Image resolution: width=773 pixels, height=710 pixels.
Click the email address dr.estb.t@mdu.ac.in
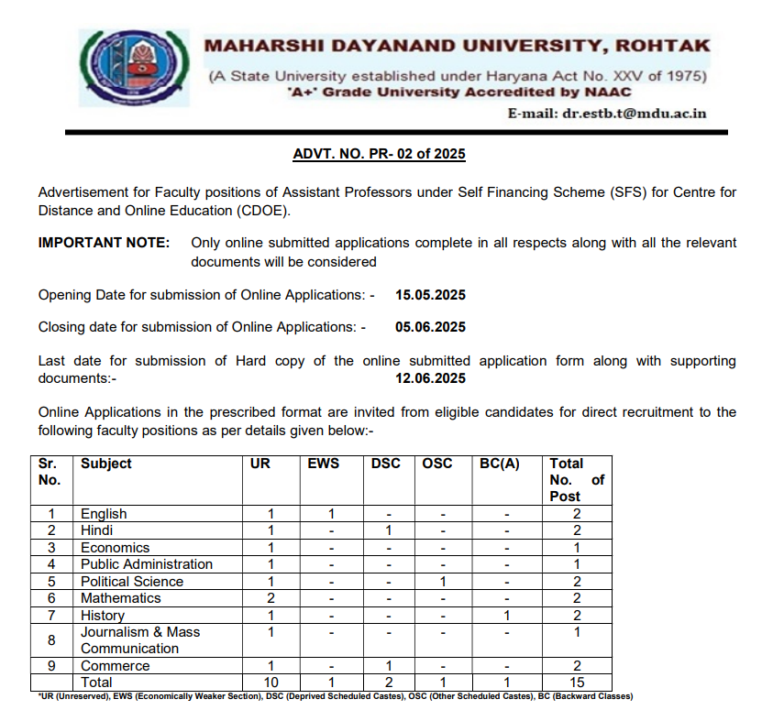[x=607, y=114]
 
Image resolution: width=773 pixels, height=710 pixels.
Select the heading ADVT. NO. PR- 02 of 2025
[x=379, y=154]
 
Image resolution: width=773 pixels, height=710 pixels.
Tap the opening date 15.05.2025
[x=431, y=295]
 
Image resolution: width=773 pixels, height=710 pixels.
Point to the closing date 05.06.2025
[x=431, y=327]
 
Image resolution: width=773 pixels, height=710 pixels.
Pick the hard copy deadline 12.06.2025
[x=431, y=378]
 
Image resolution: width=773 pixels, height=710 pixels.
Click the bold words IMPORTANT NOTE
[x=104, y=243]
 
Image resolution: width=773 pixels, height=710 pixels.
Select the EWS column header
[x=323, y=464]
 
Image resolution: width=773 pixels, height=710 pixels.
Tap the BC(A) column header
[x=500, y=464]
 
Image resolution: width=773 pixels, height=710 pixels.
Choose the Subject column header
[x=106, y=464]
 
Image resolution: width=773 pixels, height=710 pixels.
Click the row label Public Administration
[x=147, y=564]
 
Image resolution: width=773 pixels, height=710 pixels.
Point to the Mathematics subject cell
[x=121, y=598]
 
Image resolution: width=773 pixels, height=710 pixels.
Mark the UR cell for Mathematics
[x=271, y=598]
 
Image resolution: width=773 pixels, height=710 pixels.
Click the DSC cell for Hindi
[x=389, y=530]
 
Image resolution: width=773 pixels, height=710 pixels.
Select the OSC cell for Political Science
[x=442, y=582]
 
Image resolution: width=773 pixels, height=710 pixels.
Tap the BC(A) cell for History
[x=507, y=616]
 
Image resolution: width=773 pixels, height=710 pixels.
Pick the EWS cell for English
[x=332, y=514]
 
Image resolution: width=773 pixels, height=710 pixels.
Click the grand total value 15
[x=576, y=683]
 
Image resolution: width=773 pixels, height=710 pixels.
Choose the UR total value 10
[x=271, y=683]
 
